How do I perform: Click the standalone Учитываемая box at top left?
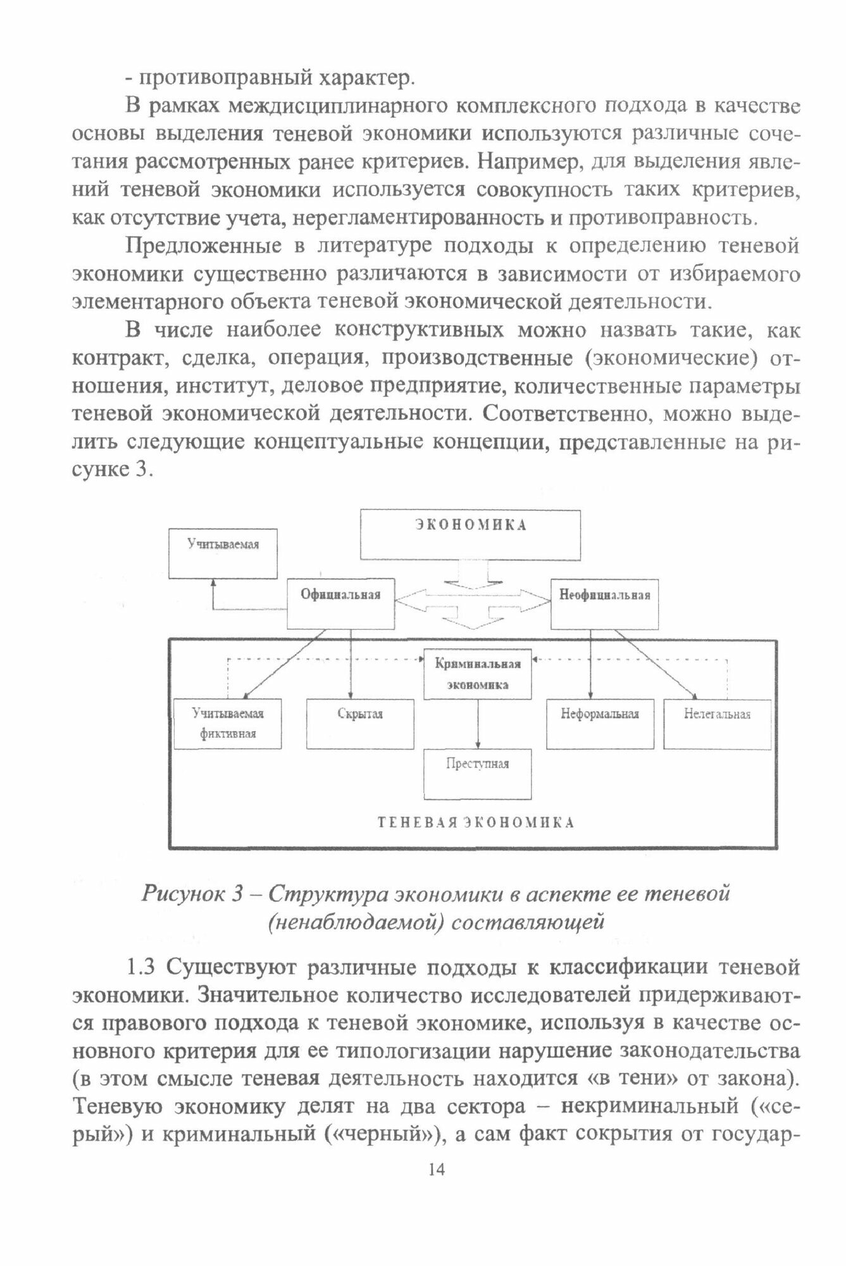pos(223,553)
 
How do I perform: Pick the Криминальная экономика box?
pos(477,674)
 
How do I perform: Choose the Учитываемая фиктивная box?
pos(228,724)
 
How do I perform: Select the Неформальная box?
pos(600,724)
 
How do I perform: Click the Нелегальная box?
pos(717,724)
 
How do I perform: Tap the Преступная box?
pos(477,774)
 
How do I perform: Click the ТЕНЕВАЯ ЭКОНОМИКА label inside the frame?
pos(476,823)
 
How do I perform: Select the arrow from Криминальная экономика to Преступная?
pos(477,724)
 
